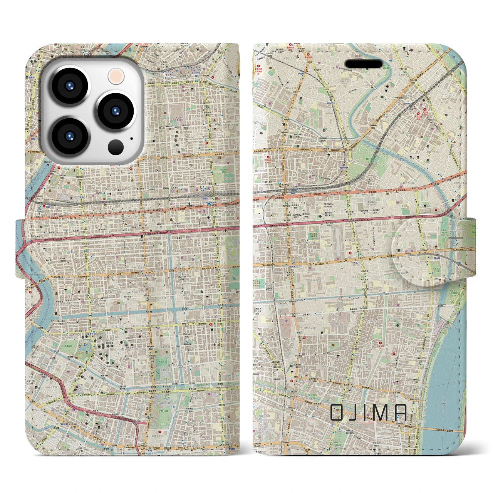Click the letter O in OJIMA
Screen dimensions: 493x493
336,413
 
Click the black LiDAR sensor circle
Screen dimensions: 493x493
116,147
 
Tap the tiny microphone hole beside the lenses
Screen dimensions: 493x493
131,139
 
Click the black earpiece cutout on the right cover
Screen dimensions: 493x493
364,63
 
